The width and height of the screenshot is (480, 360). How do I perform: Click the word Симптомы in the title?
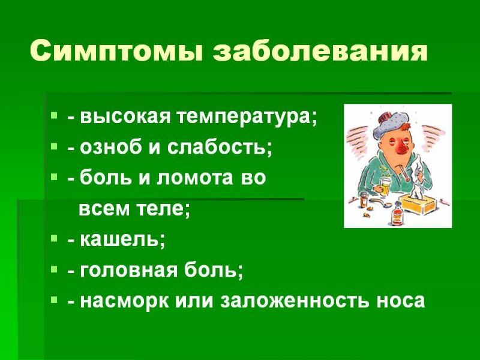[x=116, y=50]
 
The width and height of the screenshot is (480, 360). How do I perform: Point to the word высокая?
[x=125, y=117]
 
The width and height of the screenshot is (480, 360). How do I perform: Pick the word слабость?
[x=220, y=147]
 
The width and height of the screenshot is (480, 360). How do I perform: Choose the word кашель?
[x=122, y=239]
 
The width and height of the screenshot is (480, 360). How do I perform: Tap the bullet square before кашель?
[x=54, y=237]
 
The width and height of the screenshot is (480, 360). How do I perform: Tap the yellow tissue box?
[x=415, y=204]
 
